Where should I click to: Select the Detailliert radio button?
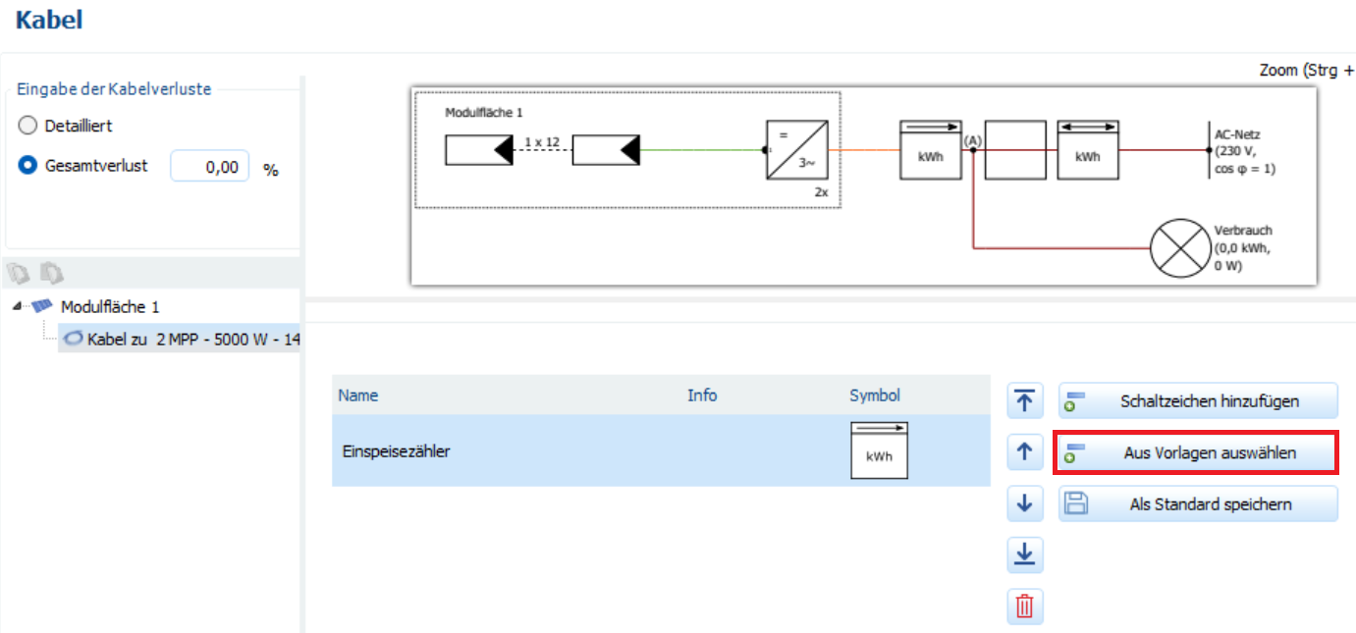coord(27,126)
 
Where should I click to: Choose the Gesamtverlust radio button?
coord(27,166)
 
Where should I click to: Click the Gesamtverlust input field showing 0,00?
coord(209,167)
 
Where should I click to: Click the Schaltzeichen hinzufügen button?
coord(1197,400)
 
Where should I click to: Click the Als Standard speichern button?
coord(1197,504)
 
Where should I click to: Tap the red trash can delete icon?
coord(1024,607)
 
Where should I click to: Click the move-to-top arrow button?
coord(1024,400)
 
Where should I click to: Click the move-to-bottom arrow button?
coord(1024,555)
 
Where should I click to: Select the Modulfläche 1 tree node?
coord(110,307)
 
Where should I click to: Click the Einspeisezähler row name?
coord(397,451)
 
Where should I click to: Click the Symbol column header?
coord(874,396)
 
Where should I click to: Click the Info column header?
coord(702,396)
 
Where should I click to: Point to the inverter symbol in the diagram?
coord(796,150)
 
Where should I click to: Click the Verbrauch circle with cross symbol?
coord(1178,247)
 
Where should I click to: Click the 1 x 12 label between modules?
coord(541,142)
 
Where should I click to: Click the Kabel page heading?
coord(49,20)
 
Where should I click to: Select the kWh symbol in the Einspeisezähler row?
coord(879,450)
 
